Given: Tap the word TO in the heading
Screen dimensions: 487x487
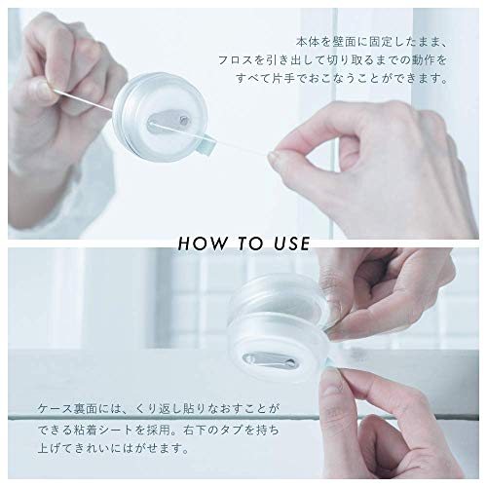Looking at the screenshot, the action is point(249,243).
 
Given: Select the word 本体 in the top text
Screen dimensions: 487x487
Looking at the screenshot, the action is point(307,42).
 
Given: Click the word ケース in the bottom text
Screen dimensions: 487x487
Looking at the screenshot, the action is point(55,408).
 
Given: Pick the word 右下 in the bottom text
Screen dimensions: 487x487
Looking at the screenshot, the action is point(194,430).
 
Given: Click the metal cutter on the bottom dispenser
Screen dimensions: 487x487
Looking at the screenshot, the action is point(270,360).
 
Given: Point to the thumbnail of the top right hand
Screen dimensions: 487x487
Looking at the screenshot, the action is point(276,159).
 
